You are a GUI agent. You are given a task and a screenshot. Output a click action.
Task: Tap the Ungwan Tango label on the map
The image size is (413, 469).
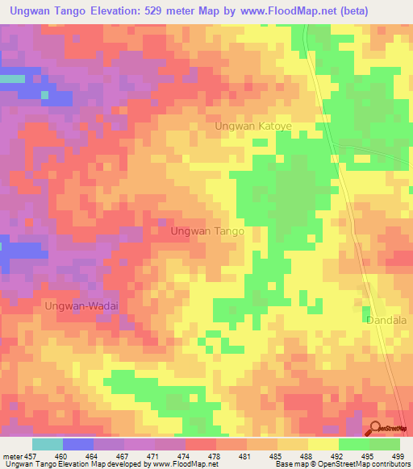[207, 231]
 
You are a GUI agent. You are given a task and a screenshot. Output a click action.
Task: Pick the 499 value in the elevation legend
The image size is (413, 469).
[398, 456]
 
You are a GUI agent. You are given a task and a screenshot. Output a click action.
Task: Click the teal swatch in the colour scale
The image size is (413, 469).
[48, 444]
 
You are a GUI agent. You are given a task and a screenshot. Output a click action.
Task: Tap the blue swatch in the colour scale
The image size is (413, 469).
[78, 444]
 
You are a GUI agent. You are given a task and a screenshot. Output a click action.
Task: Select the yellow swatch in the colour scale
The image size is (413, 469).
[323, 444]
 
